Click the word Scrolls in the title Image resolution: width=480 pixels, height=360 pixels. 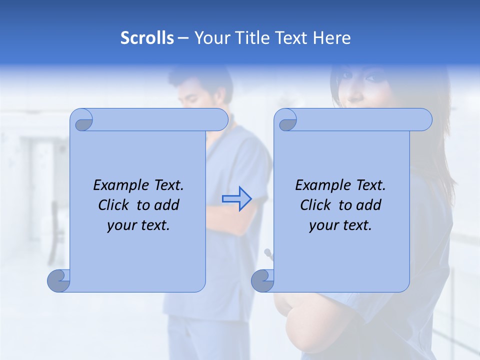click(147, 38)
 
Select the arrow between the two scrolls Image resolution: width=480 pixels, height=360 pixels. click(236, 198)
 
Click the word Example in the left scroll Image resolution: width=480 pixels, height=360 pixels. click(115, 185)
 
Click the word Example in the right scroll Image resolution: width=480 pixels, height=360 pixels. click(317, 185)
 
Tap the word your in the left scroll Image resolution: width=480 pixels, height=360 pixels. click(119, 225)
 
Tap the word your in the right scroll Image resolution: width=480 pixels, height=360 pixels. click(321, 225)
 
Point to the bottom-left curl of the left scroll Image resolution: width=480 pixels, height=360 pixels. click(59, 280)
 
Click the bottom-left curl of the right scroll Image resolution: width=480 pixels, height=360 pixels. click(262, 280)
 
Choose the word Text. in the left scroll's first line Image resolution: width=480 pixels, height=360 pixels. click(166, 185)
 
